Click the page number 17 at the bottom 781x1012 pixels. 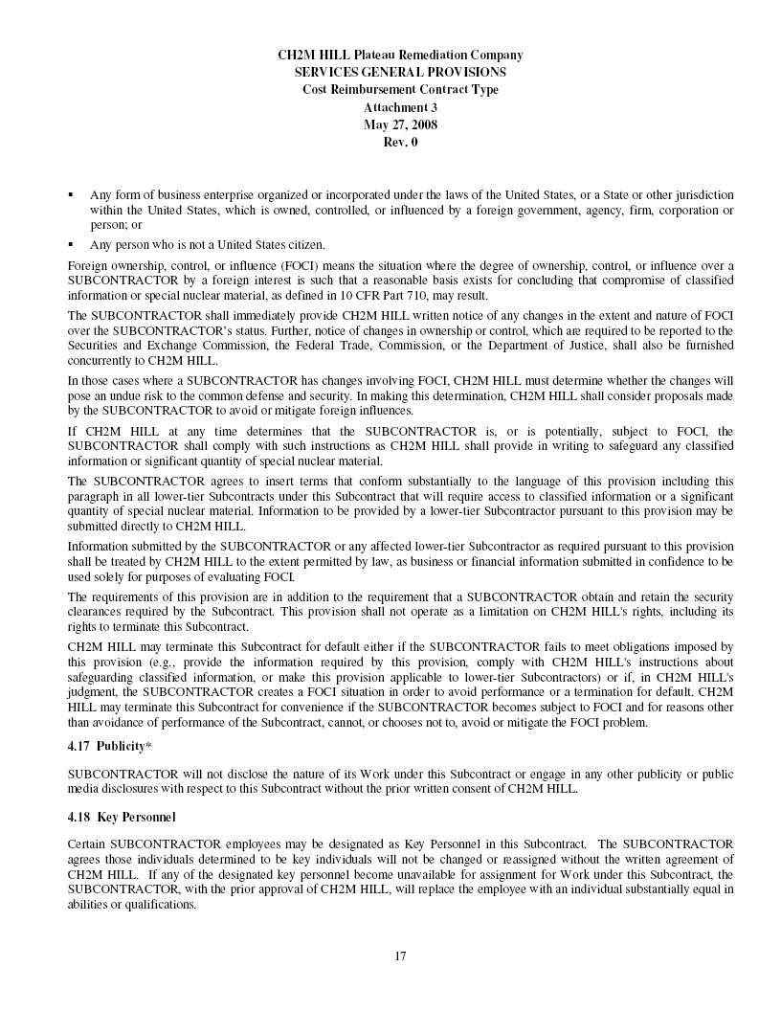tap(401, 955)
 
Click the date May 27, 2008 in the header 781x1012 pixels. tap(400, 125)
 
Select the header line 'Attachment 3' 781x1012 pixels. tap(400, 107)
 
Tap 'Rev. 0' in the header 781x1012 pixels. tap(400, 143)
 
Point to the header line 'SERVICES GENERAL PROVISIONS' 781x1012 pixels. tap(400, 72)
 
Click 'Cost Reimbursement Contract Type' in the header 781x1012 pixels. tap(400, 90)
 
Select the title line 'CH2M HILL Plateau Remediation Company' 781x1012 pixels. tap(400, 55)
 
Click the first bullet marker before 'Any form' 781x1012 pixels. tap(71, 194)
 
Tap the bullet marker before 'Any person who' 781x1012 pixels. tap(71, 243)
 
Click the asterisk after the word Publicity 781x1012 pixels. tap(148, 746)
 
